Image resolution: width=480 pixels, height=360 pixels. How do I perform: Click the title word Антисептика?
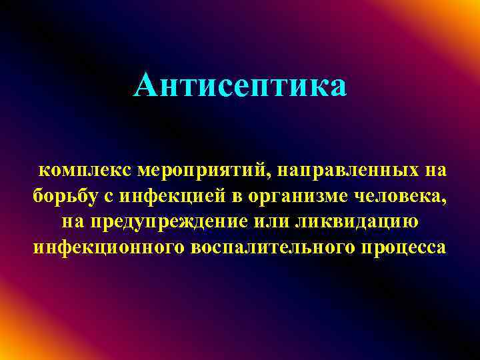point(240,85)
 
